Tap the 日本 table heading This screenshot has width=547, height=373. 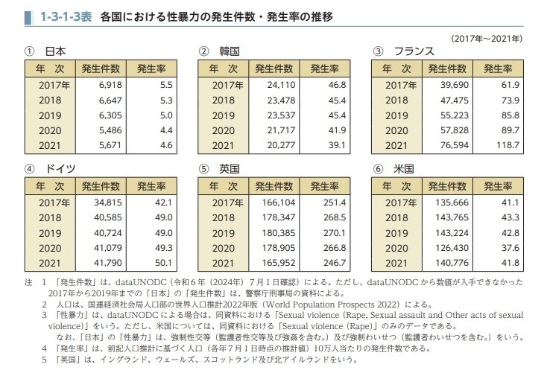[55, 52]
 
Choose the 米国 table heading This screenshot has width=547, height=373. [403, 168]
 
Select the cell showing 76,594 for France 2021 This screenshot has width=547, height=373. [446, 145]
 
